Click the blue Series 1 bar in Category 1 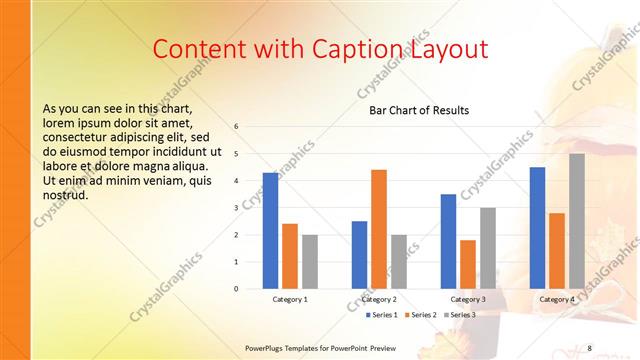(x=270, y=231)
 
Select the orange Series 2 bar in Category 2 (x=378, y=229)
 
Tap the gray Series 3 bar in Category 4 (x=577, y=221)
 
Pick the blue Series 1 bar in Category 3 (x=448, y=241)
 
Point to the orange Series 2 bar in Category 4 (x=557, y=250)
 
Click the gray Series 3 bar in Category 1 (x=310, y=261)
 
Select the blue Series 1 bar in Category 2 (x=359, y=254)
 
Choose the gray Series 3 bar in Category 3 (x=488, y=248)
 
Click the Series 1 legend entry (x=381, y=314)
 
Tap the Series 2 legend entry (x=420, y=314)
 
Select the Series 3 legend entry (x=459, y=314)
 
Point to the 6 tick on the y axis (x=235, y=127)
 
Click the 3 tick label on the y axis (x=235, y=208)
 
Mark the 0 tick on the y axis (x=235, y=289)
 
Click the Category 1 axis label (x=290, y=299)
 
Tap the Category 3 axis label (x=468, y=299)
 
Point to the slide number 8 (x=589, y=347)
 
